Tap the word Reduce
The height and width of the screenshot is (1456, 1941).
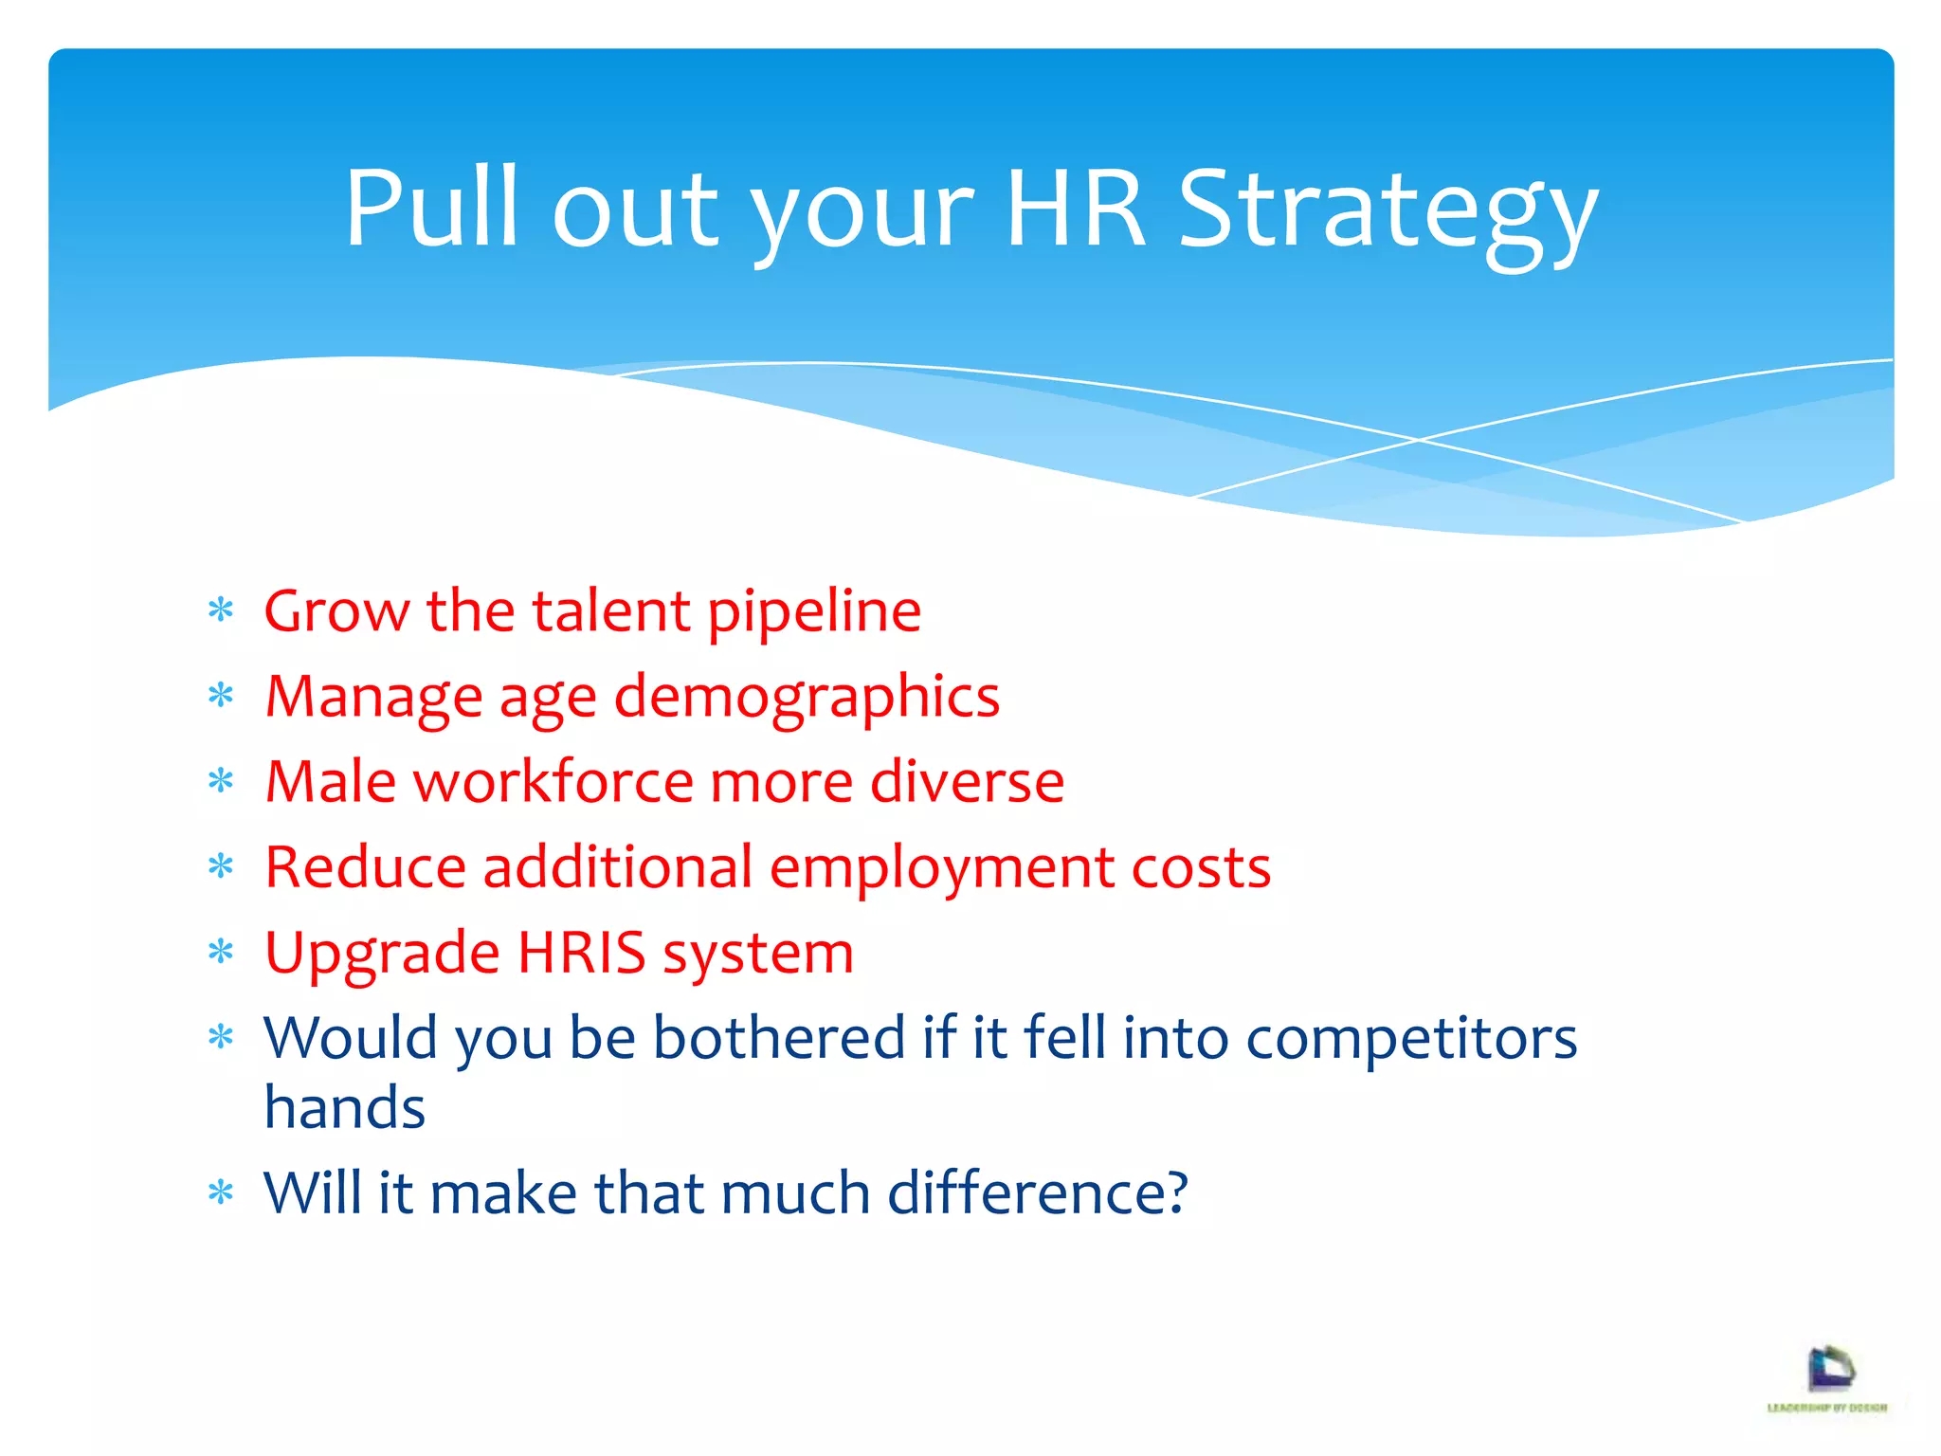point(365,867)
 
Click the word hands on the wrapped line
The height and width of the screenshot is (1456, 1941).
point(345,1107)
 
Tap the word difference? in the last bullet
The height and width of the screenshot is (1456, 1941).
point(1037,1192)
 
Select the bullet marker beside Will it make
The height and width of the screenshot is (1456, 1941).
point(221,1192)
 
